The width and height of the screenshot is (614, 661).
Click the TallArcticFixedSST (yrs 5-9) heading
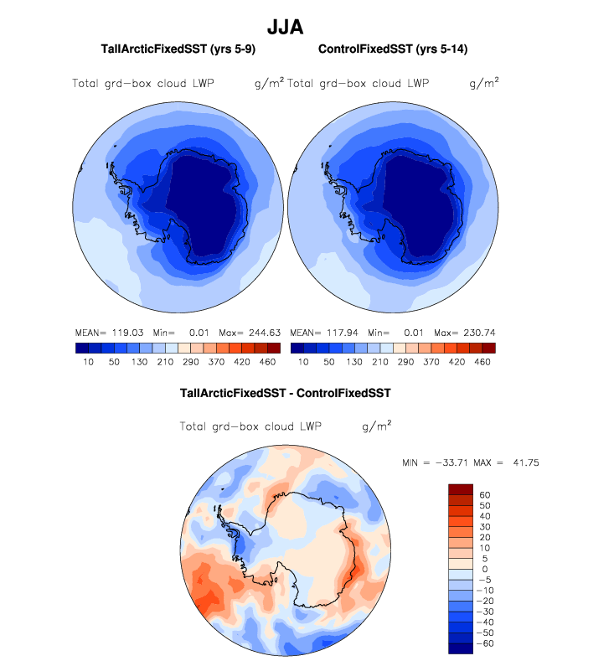pos(178,50)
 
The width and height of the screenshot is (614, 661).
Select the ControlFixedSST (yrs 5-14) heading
pos(393,50)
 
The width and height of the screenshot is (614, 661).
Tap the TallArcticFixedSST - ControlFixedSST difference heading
pos(286,392)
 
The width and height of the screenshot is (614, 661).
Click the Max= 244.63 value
pos(249,333)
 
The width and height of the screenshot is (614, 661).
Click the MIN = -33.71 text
pos(434,462)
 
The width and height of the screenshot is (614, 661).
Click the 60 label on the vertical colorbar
pos(484,495)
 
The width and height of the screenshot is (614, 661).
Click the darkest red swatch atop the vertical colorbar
pos(461,489)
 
